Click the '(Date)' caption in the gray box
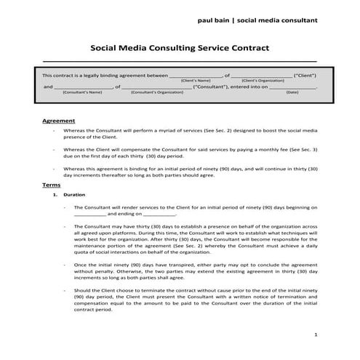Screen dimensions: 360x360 (292, 92)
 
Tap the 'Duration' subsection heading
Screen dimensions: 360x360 (74, 196)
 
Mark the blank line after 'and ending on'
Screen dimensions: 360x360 (160, 215)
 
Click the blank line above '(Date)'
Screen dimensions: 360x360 (292, 87)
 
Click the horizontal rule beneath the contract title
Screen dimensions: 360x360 (179, 62)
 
